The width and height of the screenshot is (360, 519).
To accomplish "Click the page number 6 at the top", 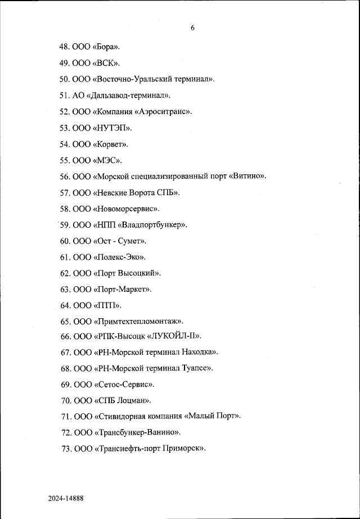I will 192,28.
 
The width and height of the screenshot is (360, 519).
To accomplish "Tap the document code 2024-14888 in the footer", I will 65,498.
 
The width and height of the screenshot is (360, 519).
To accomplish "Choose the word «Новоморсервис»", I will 126,209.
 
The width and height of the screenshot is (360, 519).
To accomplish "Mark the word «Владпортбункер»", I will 152,225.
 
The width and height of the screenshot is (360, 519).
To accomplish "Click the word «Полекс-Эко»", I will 119,257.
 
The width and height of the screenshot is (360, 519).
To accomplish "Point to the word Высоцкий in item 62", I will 137,273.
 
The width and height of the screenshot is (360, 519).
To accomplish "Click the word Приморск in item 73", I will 182,449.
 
